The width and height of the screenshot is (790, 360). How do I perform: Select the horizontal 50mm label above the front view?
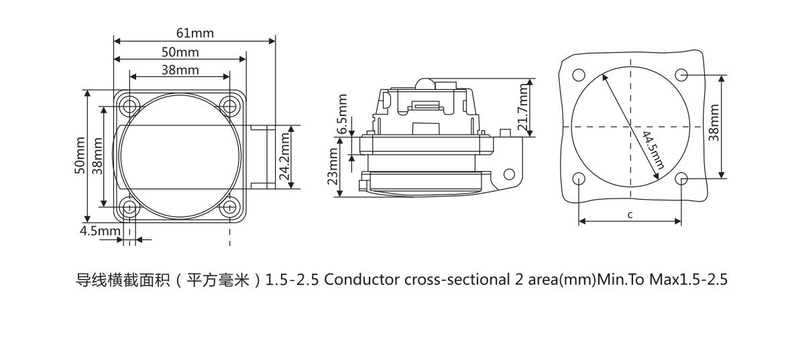tap(180, 52)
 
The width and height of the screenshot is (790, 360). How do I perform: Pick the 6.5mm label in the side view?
tap(343, 114)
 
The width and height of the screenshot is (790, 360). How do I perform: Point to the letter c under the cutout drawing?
tap(630, 215)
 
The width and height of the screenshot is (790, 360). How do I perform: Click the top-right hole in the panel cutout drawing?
tap(681, 74)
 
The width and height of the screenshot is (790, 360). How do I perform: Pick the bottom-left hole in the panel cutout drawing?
tap(579, 178)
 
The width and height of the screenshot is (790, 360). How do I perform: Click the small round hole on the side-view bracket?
tap(508, 174)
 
